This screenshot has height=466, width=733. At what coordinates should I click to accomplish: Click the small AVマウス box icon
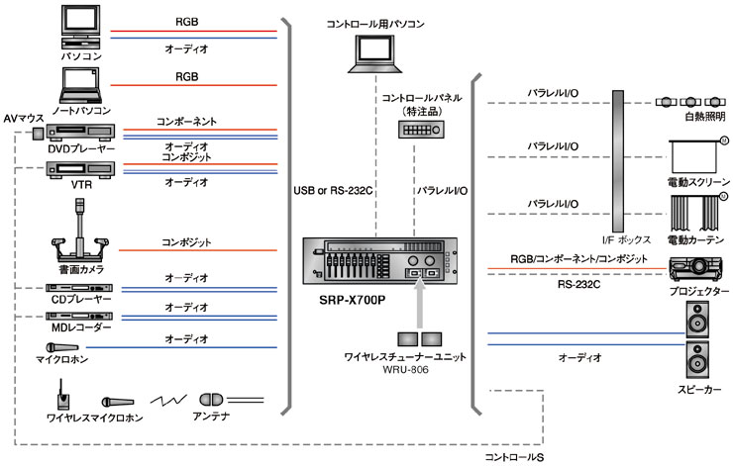[x=38, y=134]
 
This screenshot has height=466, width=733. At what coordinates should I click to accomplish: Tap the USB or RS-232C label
[x=329, y=189]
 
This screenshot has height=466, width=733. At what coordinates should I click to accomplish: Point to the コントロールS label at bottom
[x=513, y=458]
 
